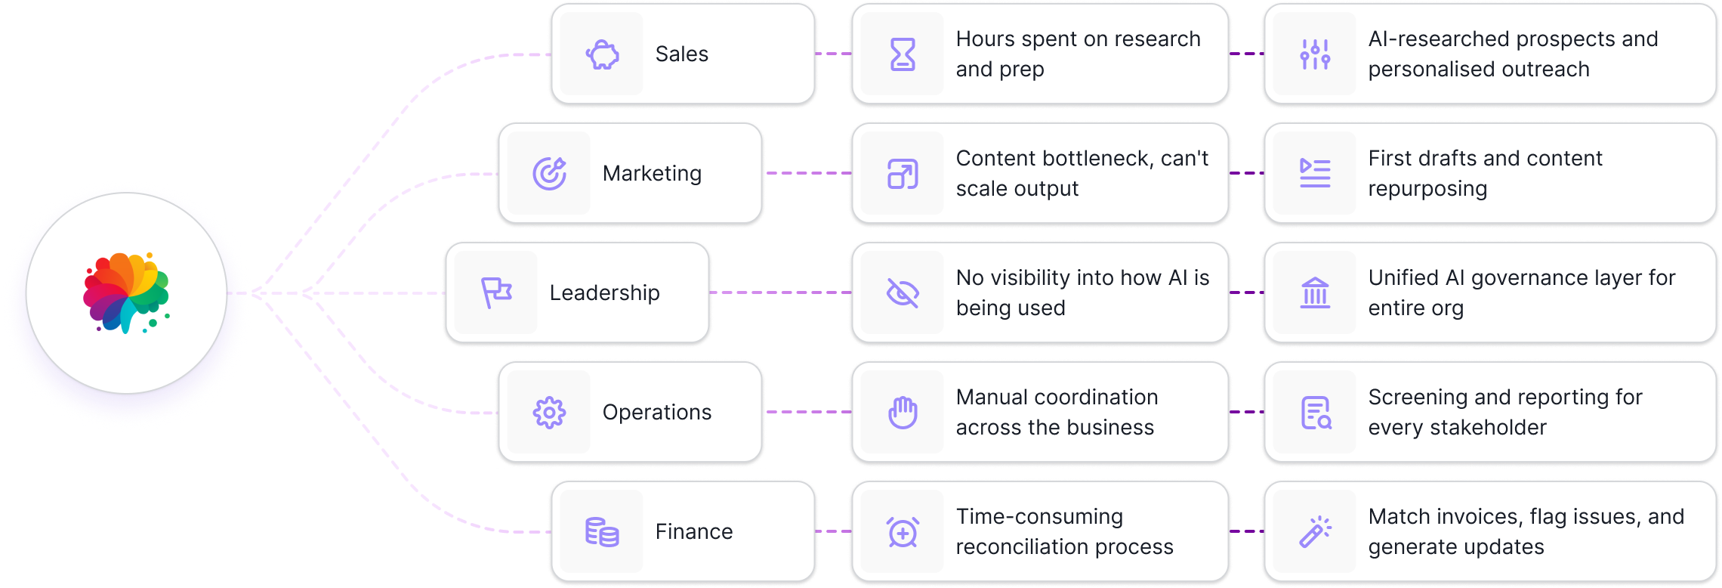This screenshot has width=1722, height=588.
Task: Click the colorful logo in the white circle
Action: point(126,293)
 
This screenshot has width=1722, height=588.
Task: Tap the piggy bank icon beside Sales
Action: point(602,54)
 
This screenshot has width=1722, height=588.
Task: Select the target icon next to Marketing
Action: point(549,174)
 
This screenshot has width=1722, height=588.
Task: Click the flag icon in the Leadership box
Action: point(496,292)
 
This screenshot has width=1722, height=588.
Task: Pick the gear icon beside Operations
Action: point(549,413)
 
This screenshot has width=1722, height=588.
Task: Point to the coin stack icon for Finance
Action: point(602,532)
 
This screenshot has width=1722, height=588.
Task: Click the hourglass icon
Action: point(903,54)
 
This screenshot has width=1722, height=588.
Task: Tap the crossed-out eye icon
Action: point(903,292)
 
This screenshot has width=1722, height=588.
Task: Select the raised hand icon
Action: point(903,413)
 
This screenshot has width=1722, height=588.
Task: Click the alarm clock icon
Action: point(903,532)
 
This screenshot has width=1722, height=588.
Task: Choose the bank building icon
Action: point(1315,292)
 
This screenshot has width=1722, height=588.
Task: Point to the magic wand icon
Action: point(1315,532)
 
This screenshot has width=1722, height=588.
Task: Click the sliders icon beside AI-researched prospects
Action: point(1315,54)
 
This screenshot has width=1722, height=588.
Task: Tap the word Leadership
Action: point(604,292)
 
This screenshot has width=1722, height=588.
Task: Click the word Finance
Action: point(693,532)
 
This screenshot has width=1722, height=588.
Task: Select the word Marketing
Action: point(652,174)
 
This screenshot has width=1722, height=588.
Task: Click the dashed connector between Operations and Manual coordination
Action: point(807,413)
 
